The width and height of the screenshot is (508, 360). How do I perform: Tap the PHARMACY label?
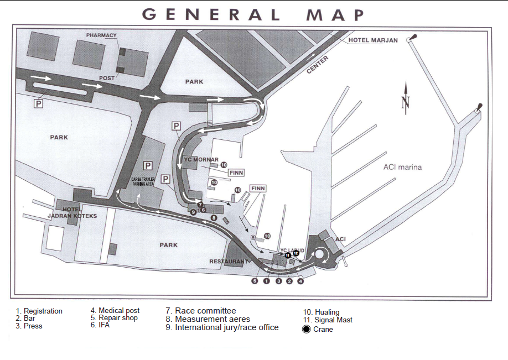click(x=101, y=35)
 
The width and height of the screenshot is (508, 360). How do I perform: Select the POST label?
click(x=107, y=78)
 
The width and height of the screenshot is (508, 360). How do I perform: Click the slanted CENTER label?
click(x=318, y=65)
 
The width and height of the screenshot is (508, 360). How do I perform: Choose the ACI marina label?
click(x=402, y=167)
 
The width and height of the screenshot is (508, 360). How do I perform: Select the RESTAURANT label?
click(x=228, y=261)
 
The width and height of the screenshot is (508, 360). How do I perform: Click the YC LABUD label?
click(x=292, y=250)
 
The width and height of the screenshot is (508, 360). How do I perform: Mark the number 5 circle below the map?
click(x=255, y=281)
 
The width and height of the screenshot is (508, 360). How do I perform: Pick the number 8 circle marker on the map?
click(x=214, y=218)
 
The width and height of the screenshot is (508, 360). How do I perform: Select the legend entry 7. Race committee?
click(x=200, y=311)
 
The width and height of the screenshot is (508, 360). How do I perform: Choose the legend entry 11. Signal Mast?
click(x=327, y=320)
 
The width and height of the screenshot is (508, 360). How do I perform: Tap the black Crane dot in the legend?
click(x=307, y=329)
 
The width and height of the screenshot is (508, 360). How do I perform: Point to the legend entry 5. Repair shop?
click(x=114, y=318)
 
